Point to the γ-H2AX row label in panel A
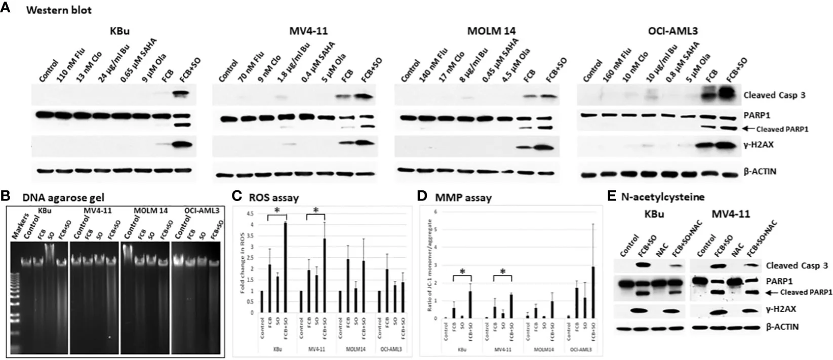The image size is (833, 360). [759, 145]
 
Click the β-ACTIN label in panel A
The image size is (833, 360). [760, 172]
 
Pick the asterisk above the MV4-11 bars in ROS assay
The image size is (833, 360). [316, 211]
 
